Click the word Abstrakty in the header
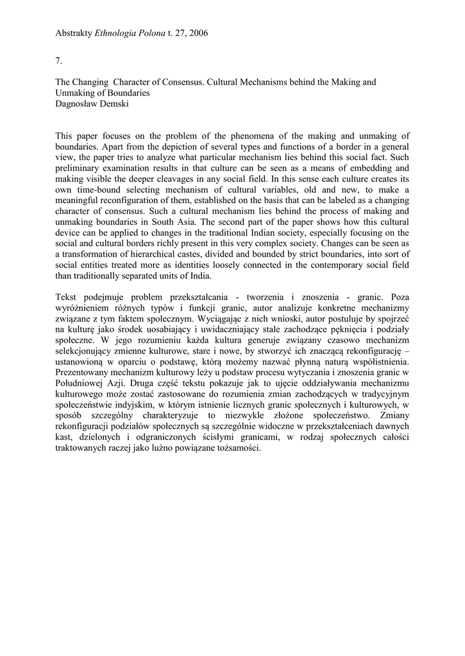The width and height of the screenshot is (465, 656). click(73, 32)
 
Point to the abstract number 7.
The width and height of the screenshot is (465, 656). click(59, 60)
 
